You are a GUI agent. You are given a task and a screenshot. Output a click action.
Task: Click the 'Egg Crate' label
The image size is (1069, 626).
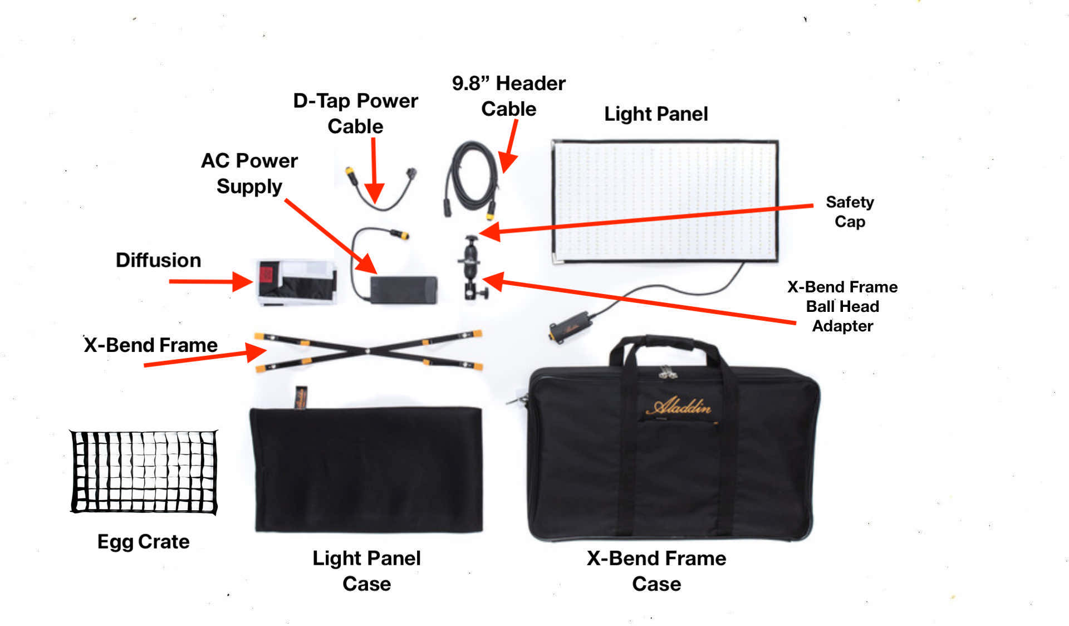pos(143,541)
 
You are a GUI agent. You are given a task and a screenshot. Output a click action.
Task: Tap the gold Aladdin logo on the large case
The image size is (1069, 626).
pos(679,407)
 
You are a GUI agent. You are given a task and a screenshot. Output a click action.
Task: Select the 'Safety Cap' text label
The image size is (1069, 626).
pos(850,212)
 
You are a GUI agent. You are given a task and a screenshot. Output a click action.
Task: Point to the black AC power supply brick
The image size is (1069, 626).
pos(404,290)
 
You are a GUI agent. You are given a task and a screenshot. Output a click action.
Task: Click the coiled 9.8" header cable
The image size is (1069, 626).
pos(472,178)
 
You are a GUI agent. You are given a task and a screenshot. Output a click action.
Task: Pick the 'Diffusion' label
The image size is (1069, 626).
pos(158,260)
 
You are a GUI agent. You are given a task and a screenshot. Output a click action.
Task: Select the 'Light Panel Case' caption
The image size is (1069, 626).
pos(366,570)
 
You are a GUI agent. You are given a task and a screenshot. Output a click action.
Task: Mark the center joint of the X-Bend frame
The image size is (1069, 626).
pos(367,351)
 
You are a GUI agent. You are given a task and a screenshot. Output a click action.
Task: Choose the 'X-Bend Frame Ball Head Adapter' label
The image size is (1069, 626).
pos(842,306)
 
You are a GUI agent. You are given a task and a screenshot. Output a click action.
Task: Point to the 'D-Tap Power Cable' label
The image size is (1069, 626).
pos(355,113)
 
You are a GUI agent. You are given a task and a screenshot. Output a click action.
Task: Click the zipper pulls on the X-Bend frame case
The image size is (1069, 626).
pos(666,371)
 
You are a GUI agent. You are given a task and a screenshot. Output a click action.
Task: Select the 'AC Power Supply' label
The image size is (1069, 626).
pos(249,173)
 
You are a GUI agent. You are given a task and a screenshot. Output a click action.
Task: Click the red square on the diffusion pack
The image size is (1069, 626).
pos(266,274)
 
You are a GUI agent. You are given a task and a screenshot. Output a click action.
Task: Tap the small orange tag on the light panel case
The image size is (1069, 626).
pos(301,396)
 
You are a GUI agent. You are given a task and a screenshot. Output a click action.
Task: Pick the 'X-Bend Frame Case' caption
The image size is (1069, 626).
pos(656,570)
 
